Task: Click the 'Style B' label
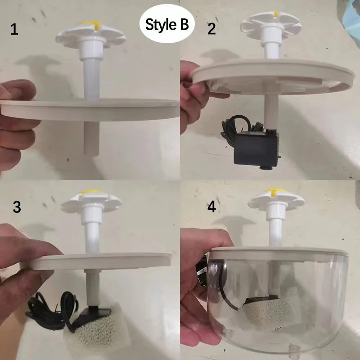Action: coord(167,25)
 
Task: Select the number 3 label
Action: coord(17,207)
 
